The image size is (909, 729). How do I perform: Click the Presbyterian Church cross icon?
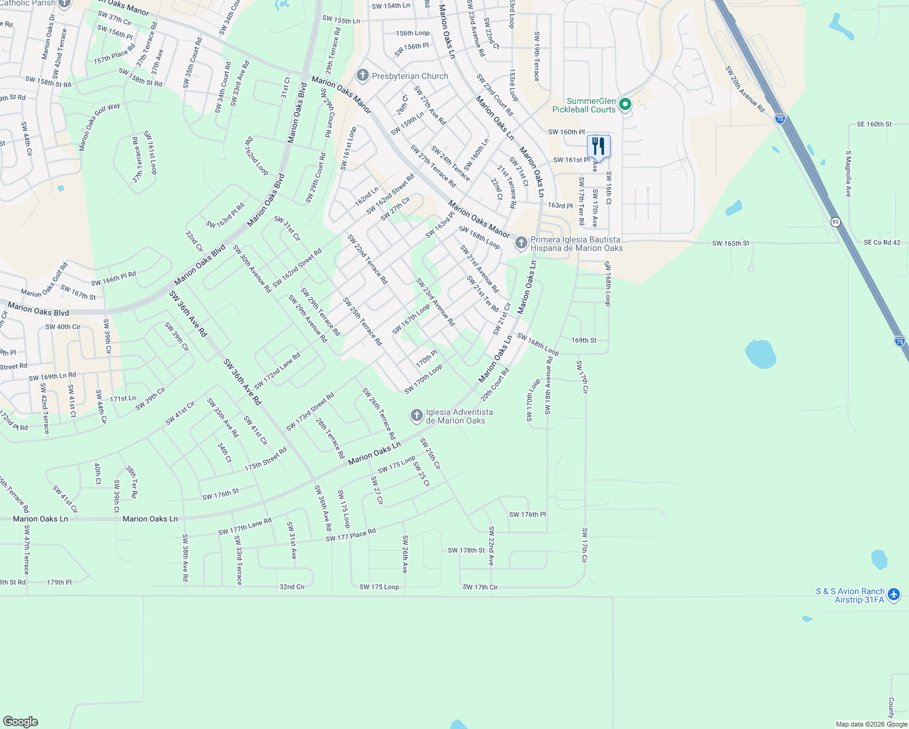pyautogui.click(x=363, y=76)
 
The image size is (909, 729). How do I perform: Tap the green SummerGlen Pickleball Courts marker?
pyautogui.click(x=625, y=104)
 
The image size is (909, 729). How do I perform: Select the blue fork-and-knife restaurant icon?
pyautogui.click(x=599, y=146)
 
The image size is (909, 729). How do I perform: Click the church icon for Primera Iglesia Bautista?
pyautogui.click(x=521, y=244)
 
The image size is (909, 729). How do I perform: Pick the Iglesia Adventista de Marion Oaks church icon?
pyautogui.click(x=416, y=416)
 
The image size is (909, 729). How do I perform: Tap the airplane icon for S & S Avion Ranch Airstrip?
pyautogui.click(x=893, y=595)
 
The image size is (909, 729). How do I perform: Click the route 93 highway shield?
pyautogui.click(x=835, y=222)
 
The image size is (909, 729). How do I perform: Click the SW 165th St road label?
pyautogui.click(x=730, y=244)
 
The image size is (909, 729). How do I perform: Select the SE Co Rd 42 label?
pyautogui.click(x=882, y=243)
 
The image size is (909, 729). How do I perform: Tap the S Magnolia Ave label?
pyautogui.click(x=849, y=174)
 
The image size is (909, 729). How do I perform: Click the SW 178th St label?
pyautogui.click(x=466, y=550)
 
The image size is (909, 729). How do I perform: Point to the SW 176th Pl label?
pyautogui.click(x=527, y=515)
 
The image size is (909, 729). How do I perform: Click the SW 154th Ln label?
pyautogui.click(x=390, y=6)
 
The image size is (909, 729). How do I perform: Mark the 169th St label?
pyautogui.click(x=583, y=340)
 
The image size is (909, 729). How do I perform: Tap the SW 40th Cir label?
pyautogui.click(x=63, y=327)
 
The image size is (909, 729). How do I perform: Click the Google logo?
pyautogui.click(x=21, y=722)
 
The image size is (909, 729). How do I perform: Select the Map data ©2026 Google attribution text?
pyautogui.click(x=871, y=724)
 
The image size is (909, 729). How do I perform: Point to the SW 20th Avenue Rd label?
pyautogui.click(x=745, y=89)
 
